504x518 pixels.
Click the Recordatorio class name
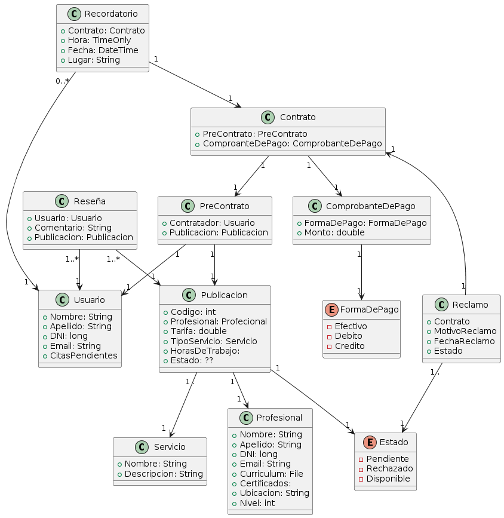tap(110, 14)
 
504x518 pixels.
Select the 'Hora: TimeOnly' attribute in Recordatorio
tap(96, 40)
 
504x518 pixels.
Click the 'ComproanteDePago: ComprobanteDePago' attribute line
tap(292, 143)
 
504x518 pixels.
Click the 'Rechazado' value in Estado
tap(389, 468)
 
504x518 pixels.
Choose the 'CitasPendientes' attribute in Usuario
tap(84, 355)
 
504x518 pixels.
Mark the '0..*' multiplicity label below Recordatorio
tap(62, 81)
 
